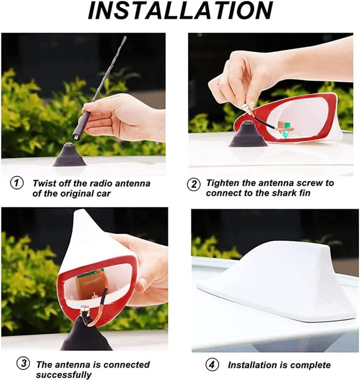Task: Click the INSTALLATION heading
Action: click(180, 11)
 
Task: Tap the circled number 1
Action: click(17, 183)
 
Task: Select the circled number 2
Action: click(194, 184)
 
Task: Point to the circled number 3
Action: click(24, 364)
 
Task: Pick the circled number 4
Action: click(212, 365)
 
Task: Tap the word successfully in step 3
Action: click(64, 375)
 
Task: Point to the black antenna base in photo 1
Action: click(69, 155)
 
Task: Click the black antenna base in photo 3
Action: click(86, 335)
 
